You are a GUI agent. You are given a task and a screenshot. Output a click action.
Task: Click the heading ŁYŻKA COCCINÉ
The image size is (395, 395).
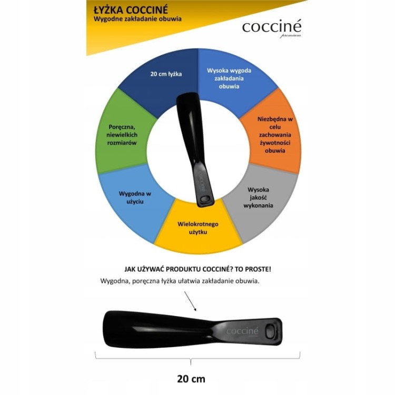(131, 10)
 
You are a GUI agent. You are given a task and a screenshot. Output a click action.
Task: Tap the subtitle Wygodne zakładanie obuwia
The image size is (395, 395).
(137, 19)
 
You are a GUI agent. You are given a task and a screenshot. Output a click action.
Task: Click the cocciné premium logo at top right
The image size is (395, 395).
(272, 28)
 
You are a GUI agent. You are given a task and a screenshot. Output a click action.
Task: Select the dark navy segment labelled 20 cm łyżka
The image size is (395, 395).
(161, 83)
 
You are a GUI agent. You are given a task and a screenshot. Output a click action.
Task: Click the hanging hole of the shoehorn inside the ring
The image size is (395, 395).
(204, 200)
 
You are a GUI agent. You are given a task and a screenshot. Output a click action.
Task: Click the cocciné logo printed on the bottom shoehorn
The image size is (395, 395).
(242, 331)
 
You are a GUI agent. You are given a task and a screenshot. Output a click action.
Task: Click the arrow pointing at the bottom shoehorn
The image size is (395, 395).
(190, 301)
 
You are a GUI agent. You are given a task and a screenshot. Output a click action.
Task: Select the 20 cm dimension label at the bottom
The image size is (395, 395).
(191, 379)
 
